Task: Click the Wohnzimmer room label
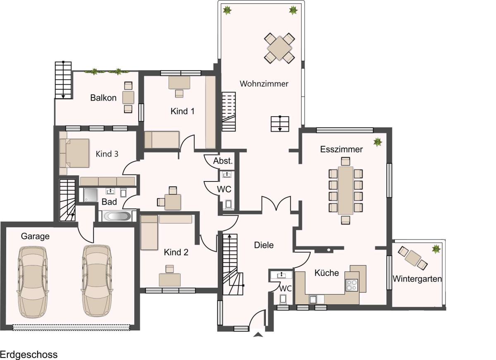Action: pyautogui.click(x=264, y=83)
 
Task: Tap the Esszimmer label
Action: pyautogui.click(x=341, y=149)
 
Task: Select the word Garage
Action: pyautogui.click(x=35, y=236)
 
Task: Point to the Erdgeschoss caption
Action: pyautogui.click(x=29, y=355)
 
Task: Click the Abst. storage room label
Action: pyautogui.click(x=223, y=161)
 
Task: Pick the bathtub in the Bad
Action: pyautogui.click(x=117, y=216)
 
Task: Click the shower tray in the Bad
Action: pyautogui.click(x=91, y=195)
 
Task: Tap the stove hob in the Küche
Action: pyautogui.click(x=352, y=285)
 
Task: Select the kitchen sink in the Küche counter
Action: pyautogui.click(x=313, y=300)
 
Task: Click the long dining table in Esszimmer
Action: pyautogui.click(x=346, y=191)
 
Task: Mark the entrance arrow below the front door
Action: pyautogui.click(x=258, y=334)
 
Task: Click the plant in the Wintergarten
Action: pyautogui.click(x=436, y=249)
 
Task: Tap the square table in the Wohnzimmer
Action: pyautogui.click(x=279, y=48)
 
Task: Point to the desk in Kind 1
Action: pyautogui.click(x=179, y=83)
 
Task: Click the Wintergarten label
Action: pyautogui.click(x=417, y=279)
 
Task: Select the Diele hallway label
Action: pyautogui.click(x=264, y=245)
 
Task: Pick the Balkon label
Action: pyautogui.click(x=103, y=98)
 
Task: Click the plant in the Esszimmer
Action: pyautogui.click(x=377, y=142)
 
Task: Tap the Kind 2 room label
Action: pyautogui.click(x=176, y=252)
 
